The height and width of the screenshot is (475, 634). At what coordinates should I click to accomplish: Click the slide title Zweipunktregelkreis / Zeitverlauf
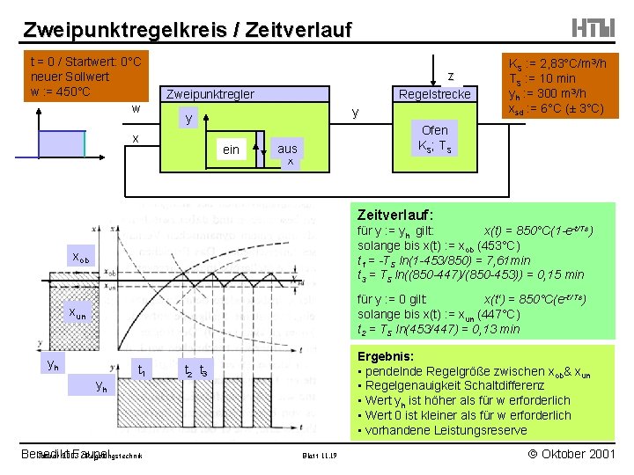point(187,29)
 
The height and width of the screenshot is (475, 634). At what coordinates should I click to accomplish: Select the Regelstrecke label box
point(435,94)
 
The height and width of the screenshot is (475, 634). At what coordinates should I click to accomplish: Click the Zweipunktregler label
point(210,94)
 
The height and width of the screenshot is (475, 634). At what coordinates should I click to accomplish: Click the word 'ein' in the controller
point(231,150)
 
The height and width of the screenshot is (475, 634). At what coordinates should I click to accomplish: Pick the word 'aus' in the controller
point(287,149)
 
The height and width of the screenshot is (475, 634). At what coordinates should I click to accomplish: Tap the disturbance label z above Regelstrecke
point(450,76)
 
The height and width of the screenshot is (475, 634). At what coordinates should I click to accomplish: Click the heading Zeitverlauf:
point(395,214)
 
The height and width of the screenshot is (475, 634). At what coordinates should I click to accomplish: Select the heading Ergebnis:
point(386,355)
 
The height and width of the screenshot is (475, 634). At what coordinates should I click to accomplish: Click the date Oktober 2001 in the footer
point(563,453)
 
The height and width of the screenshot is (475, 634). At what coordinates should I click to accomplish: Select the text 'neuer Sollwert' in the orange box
point(70,77)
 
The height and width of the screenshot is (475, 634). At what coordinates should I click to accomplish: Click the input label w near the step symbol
point(135,109)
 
